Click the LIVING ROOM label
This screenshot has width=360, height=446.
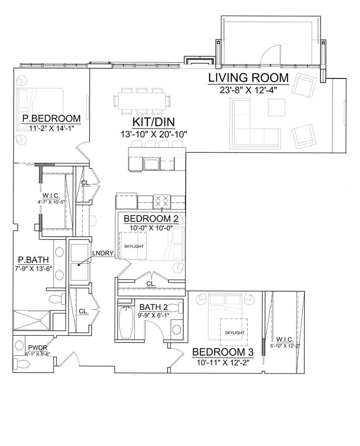[248, 78]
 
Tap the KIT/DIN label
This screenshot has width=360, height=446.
[154, 122]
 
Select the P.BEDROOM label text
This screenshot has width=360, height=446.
[52, 119]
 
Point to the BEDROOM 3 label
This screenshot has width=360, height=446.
[223, 352]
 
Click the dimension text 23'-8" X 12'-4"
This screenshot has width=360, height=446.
[248, 90]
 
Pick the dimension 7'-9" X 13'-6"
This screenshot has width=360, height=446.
[33, 268]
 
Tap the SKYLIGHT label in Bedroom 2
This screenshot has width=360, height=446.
[134, 246]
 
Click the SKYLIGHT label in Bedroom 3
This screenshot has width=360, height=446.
[234, 332]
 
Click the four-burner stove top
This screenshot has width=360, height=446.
[162, 201]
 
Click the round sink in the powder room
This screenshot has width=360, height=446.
[19, 346]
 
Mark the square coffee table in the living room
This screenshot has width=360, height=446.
[276, 107]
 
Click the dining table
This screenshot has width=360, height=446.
[142, 101]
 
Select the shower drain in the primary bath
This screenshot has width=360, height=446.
[39, 320]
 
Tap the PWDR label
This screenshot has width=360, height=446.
[38, 347]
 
